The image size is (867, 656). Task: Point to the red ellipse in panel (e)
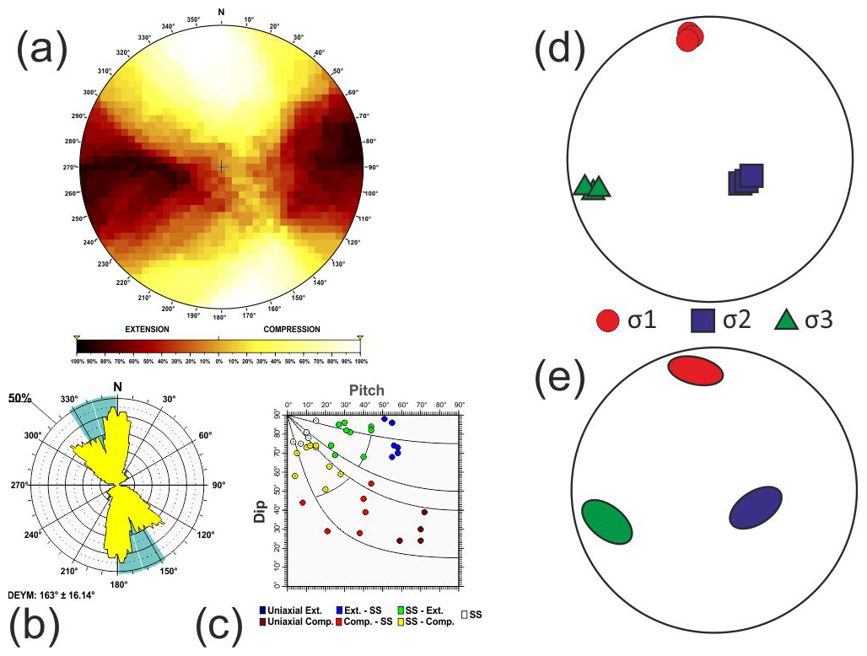pos(696,370)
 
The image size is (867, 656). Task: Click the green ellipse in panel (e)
pos(607,522)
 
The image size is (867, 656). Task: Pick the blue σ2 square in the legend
pos(704,321)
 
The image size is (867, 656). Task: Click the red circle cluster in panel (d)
pos(690,36)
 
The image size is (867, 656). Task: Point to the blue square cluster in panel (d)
pos(746,180)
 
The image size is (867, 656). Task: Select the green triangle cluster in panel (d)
pos(592,187)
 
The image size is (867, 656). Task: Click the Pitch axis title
pos(367,390)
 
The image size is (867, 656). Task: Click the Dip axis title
pos(261,513)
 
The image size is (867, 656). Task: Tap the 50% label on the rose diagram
pos(21,395)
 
